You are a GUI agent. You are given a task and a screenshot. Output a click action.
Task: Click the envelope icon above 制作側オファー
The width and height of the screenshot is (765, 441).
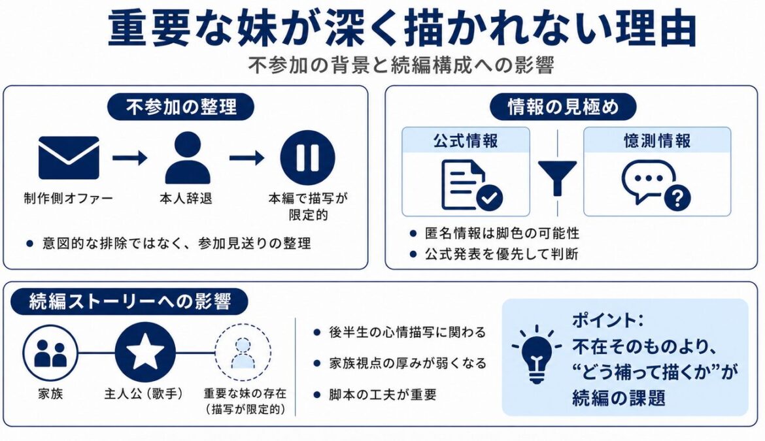tap(69, 157)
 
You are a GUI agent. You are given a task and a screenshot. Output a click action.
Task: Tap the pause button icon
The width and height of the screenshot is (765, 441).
tap(307, 157)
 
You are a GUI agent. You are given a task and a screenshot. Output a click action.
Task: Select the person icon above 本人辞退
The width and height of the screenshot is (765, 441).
tap(188, 157)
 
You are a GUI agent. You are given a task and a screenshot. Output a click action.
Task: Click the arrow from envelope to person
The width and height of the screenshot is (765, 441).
tap(129, 157)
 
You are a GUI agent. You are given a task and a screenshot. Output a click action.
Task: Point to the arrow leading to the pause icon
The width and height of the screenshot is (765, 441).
tap(247, 157)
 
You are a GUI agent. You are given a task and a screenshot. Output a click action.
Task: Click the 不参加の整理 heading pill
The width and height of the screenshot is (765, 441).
tap(180, 106)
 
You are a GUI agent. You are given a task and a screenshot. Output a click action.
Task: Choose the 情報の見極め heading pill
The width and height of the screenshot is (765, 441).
tap(563, 106)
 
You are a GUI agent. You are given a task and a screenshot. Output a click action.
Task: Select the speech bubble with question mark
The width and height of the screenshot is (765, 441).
tap(656, 186)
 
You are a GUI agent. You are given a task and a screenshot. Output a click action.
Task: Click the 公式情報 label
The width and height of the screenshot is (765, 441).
tap(466, 141)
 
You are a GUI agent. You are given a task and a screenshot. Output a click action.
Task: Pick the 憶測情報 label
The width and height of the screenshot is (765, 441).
tap(656, 141)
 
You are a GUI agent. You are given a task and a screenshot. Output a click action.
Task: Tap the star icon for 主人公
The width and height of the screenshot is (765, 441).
tap(145, 352)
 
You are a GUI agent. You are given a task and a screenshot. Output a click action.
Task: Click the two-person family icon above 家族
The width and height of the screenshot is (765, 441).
tap(50, 353)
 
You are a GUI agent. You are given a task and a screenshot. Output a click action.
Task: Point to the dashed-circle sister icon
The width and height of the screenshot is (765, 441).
tap(243, 352)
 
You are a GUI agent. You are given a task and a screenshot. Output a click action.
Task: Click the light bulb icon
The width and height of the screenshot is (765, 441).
tap(537, 354)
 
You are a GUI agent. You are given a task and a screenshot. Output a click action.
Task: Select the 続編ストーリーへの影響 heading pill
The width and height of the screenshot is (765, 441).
tap(129, 302)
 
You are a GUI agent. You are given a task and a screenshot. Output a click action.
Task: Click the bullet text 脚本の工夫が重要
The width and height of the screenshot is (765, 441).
tap(382, 394)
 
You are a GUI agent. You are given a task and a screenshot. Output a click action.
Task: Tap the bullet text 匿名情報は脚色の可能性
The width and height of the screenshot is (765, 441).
tap(502, 233)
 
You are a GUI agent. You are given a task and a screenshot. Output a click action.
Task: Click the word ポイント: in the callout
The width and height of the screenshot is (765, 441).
tap(608, 320)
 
